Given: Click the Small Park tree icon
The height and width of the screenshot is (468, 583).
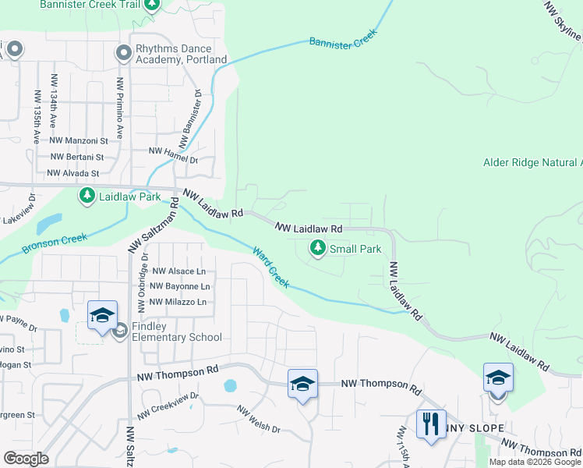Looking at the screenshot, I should click(x=317, y=249).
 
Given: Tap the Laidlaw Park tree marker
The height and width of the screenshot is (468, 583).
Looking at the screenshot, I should click(x=87, y=197).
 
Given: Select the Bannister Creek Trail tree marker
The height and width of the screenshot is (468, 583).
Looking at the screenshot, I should click(x=153, y=6).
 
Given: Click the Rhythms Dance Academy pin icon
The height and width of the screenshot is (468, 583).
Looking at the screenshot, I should click(x=123, y=53).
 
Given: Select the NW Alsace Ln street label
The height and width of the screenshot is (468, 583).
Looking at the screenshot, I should click(x=178, y=271).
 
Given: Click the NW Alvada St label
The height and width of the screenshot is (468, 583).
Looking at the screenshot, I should click(x=73, y=173).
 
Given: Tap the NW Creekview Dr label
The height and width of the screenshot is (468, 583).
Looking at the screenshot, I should click(x=168, y=405).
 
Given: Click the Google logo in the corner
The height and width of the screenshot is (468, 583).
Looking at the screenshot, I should click(x=26, y=459).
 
